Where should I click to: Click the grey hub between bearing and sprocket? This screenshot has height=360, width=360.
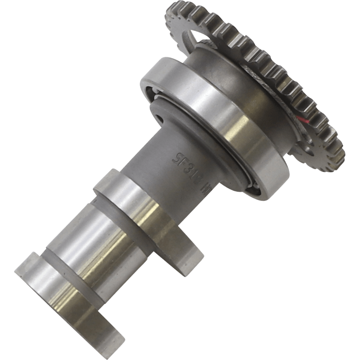[x=225, y=63]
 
